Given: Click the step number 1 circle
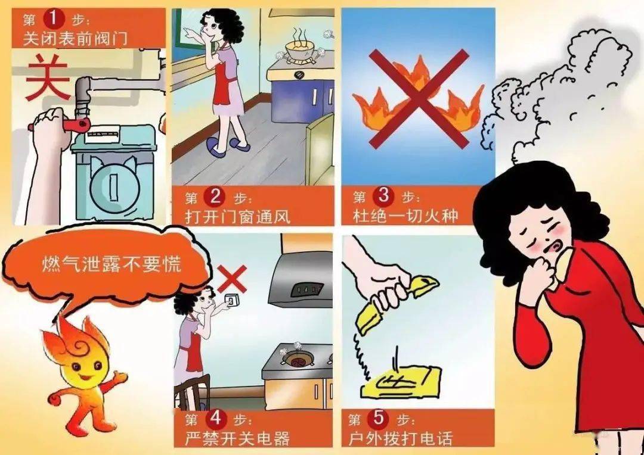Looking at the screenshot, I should pos(52,19).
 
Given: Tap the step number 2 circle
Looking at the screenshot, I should pos(213,196).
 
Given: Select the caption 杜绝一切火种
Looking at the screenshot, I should pos(405,215).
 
